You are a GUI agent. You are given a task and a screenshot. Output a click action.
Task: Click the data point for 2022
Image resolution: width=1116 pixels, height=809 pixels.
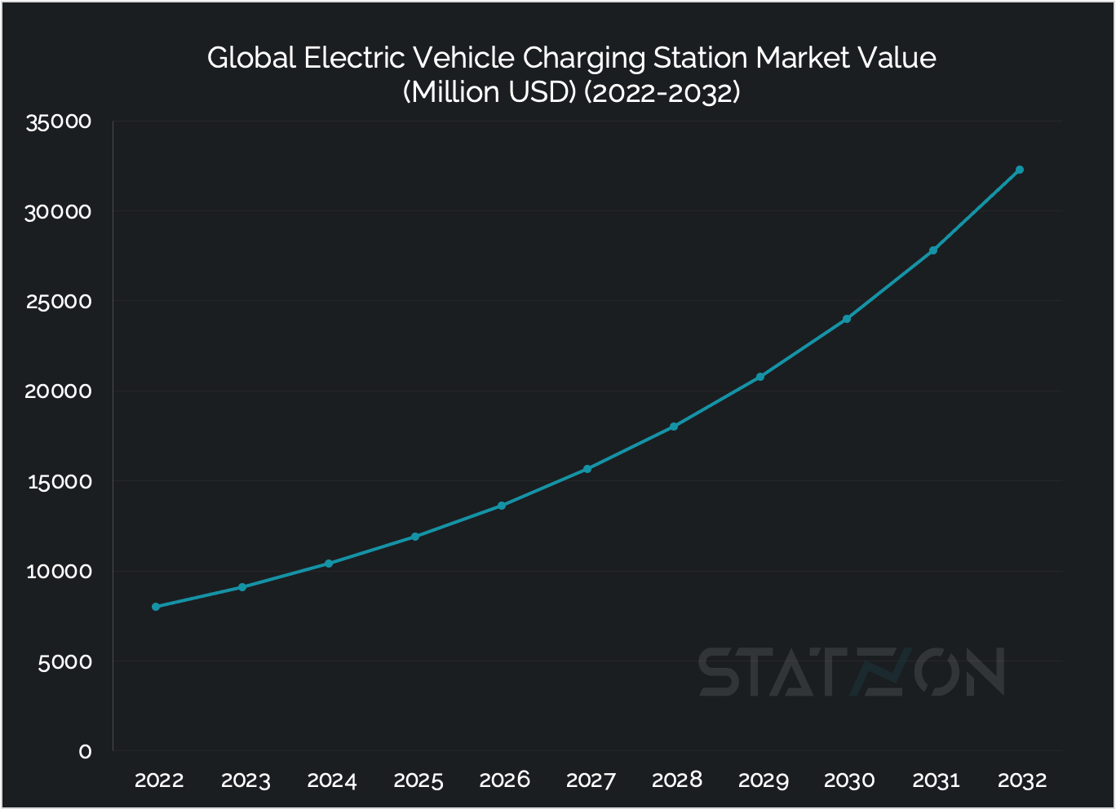pos(156,607)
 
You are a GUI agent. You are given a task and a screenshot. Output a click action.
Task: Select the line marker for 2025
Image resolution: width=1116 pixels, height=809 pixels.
pos(415,537)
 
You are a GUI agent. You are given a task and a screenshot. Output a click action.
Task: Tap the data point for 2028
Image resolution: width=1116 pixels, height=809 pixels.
pos(674,427)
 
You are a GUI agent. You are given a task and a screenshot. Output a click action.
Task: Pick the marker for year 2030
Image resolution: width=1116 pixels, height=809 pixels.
pos(847,319)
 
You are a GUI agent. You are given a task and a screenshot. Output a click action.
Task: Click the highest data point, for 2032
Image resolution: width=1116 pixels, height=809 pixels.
pos(1019,170)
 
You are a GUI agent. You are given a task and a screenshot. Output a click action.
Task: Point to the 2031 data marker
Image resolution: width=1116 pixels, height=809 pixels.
pos(933,250)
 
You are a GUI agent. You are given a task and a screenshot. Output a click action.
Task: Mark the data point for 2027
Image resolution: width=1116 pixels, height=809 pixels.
pos(587,469)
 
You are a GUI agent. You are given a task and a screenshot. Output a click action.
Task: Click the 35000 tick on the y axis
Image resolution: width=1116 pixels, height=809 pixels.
pos(59,122)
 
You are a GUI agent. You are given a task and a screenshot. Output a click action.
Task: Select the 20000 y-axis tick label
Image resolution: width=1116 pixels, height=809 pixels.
pos(59,391)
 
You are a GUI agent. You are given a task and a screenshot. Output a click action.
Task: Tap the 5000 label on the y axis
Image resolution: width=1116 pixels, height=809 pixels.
pos(64,661)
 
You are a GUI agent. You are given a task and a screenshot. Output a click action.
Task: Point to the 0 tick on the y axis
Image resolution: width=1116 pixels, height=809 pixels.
pos(85,751)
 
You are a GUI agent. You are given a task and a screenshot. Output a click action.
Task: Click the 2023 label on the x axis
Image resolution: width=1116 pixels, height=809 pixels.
pos(246,780)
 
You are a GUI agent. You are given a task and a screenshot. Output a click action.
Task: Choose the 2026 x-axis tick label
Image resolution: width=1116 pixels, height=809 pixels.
pos(504,780)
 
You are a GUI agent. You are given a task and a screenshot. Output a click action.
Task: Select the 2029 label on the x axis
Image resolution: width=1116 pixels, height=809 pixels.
pos(763,780)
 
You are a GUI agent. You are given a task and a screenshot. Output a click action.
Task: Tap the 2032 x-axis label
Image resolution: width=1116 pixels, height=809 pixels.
pos(1021,780)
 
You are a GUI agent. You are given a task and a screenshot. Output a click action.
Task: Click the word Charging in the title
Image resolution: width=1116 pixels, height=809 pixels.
pos(584,59)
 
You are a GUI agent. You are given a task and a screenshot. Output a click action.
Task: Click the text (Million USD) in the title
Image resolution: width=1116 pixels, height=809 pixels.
pos(489,92)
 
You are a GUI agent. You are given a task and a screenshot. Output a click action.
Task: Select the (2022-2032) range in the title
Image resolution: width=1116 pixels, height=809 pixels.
pos(662,92)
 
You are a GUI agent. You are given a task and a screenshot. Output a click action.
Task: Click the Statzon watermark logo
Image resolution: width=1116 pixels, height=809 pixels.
pos(851,673)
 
